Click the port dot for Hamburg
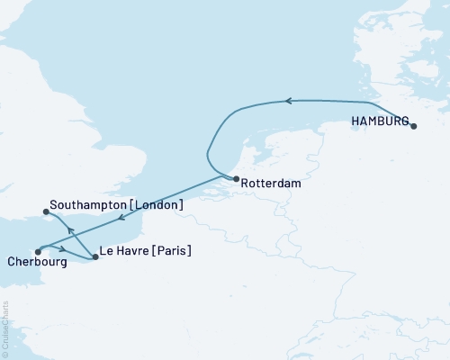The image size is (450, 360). click(414, 127)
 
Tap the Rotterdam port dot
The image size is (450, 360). click(236, 180)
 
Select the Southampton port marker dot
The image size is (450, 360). click(46, 212)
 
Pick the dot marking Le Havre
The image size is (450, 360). click(95, 257)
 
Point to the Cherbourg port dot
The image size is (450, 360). click(37, 252)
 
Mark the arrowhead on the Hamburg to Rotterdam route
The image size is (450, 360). click(289, 101)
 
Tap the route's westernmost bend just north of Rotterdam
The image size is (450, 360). click(208, 155)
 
